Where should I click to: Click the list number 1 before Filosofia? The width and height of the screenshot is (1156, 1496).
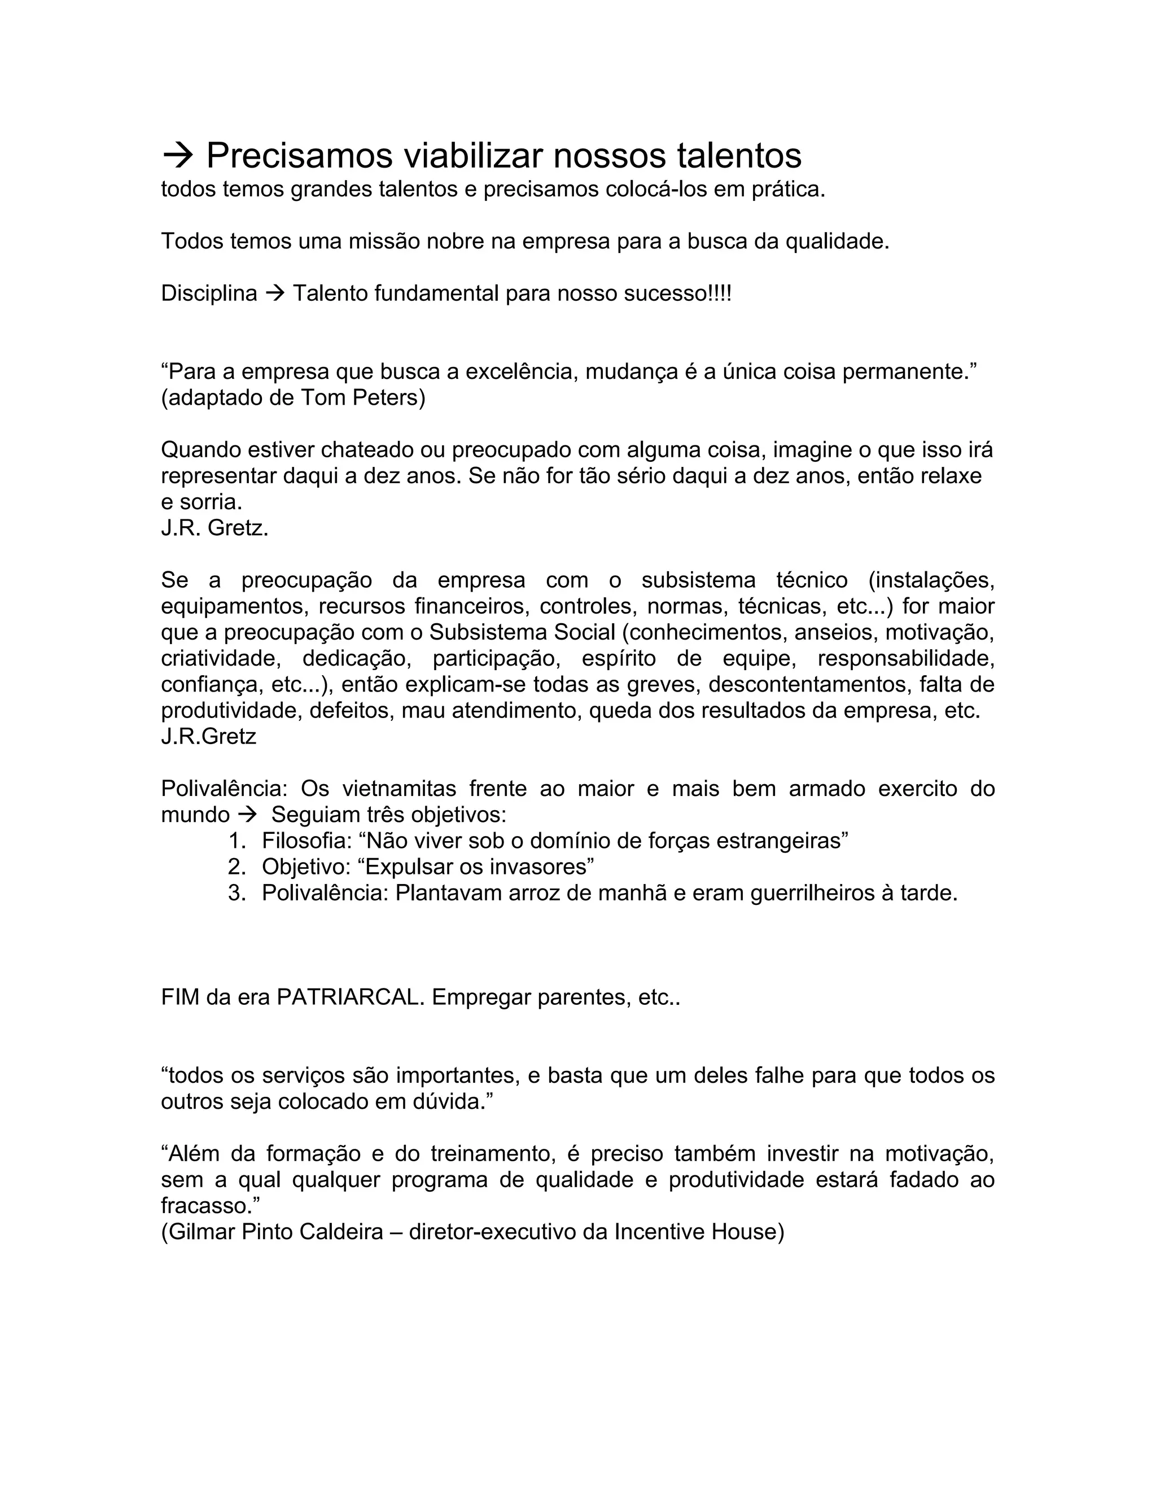pyautogui.click(x=237, y=841)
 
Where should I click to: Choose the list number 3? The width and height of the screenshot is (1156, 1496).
pyautogui.click(x=237, y=893)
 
